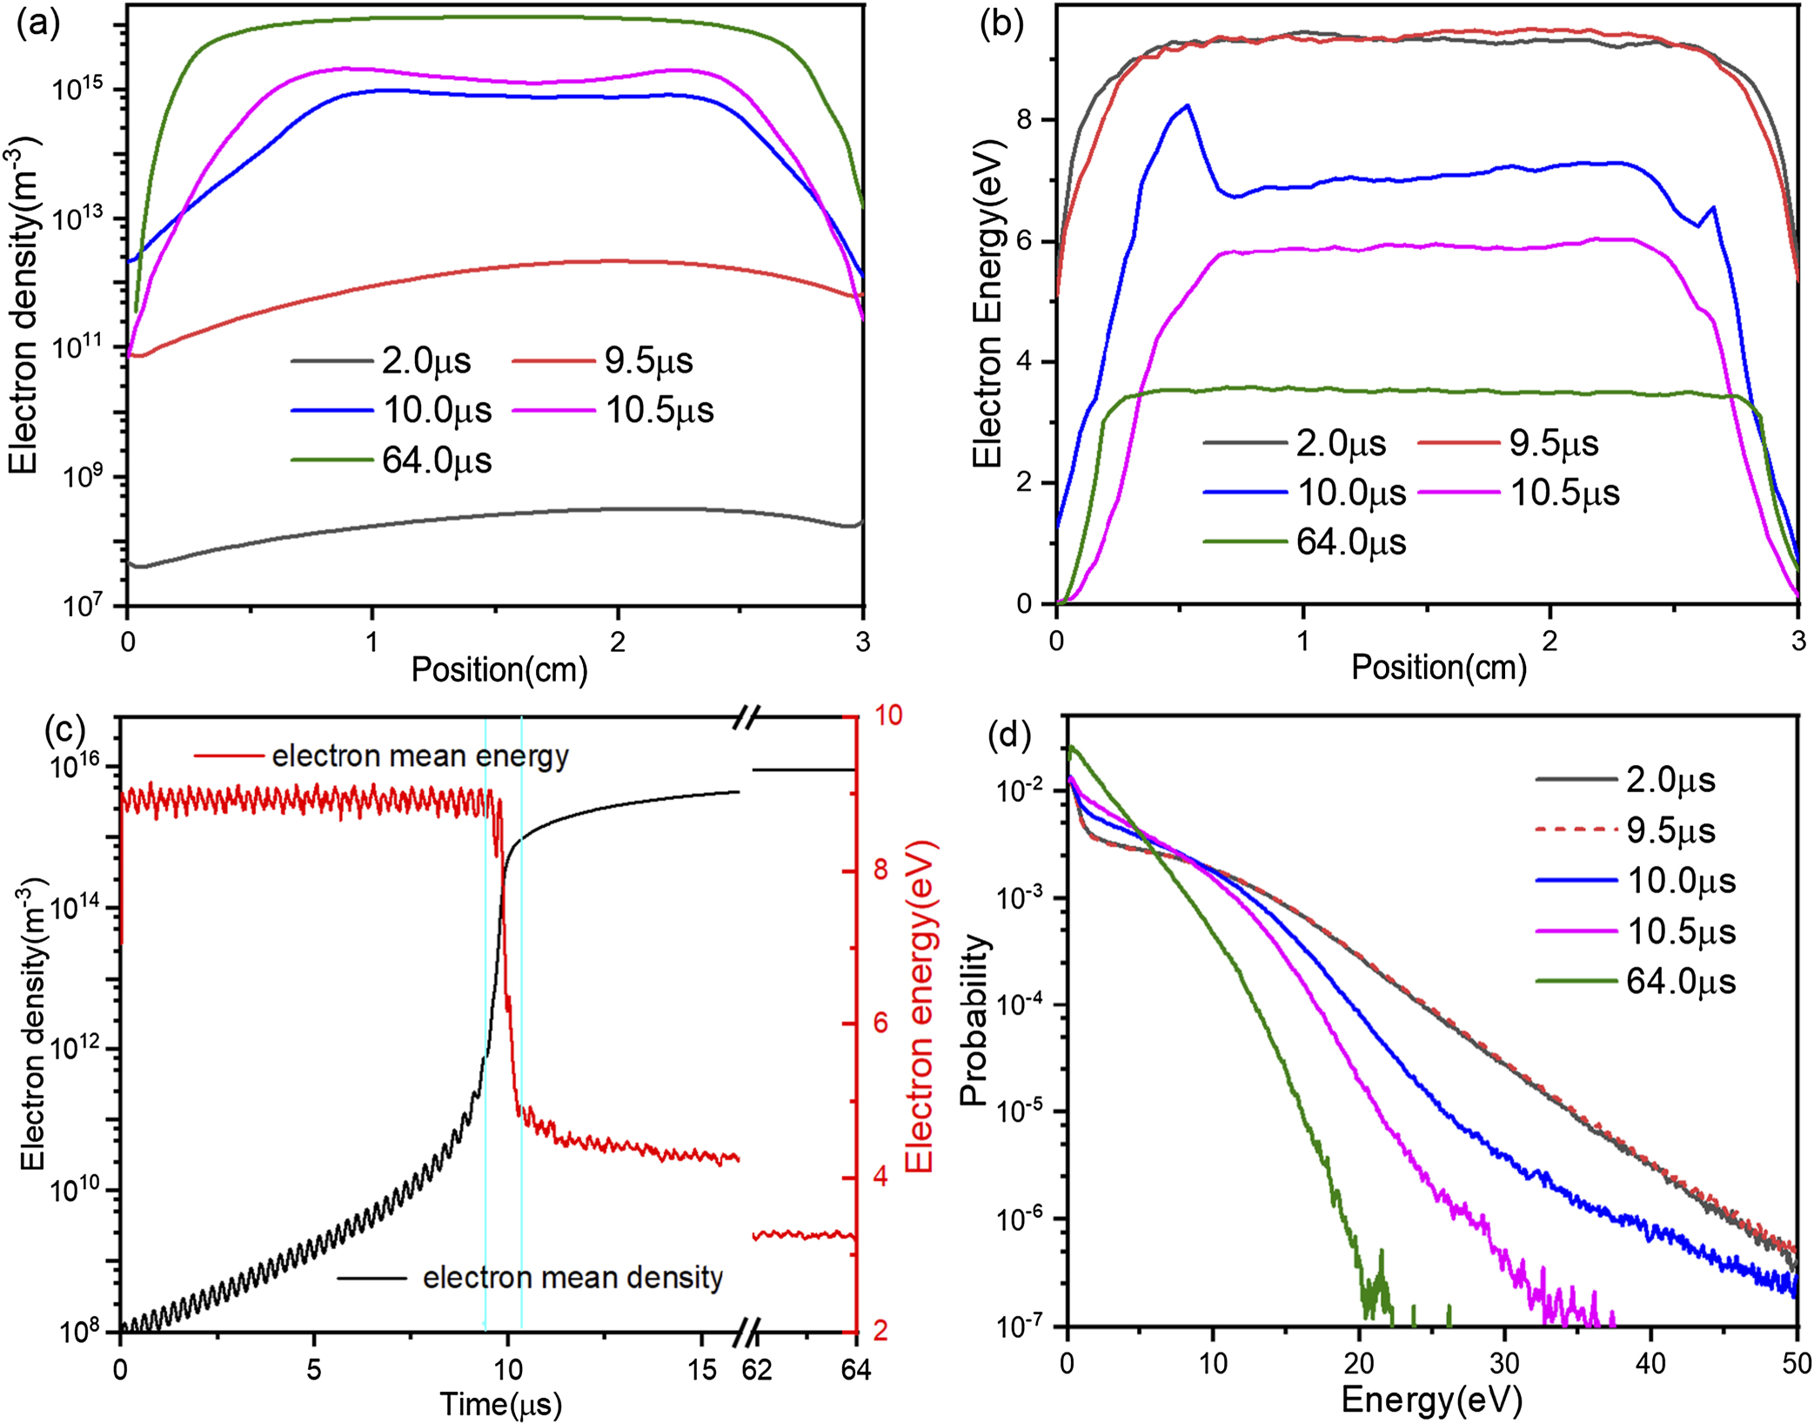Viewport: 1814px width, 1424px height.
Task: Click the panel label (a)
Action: pos(37,24)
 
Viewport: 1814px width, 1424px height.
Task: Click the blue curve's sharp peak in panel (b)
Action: pos(1187,105)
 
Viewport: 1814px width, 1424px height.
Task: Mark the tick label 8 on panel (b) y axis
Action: pos(1024,119)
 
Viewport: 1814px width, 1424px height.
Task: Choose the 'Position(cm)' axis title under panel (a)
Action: pos(499,669)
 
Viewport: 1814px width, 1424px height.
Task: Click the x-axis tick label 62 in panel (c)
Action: pos(756,1370)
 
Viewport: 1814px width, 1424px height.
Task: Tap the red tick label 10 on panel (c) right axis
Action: pos(888,715)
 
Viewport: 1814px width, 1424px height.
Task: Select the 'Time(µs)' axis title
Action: pos(500,1404)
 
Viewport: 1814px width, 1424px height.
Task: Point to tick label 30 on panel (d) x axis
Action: pos(1504,1362)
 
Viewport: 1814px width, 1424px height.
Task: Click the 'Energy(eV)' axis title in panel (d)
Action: pos(1431,1400)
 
